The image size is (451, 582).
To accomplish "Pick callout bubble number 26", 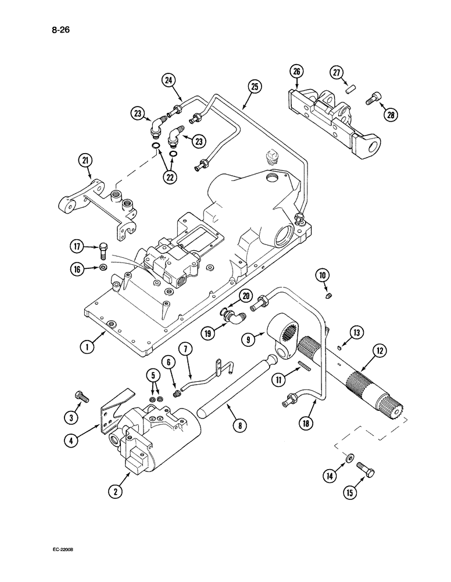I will tap(296, 72).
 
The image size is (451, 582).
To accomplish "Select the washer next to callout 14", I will tap(347, 459).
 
